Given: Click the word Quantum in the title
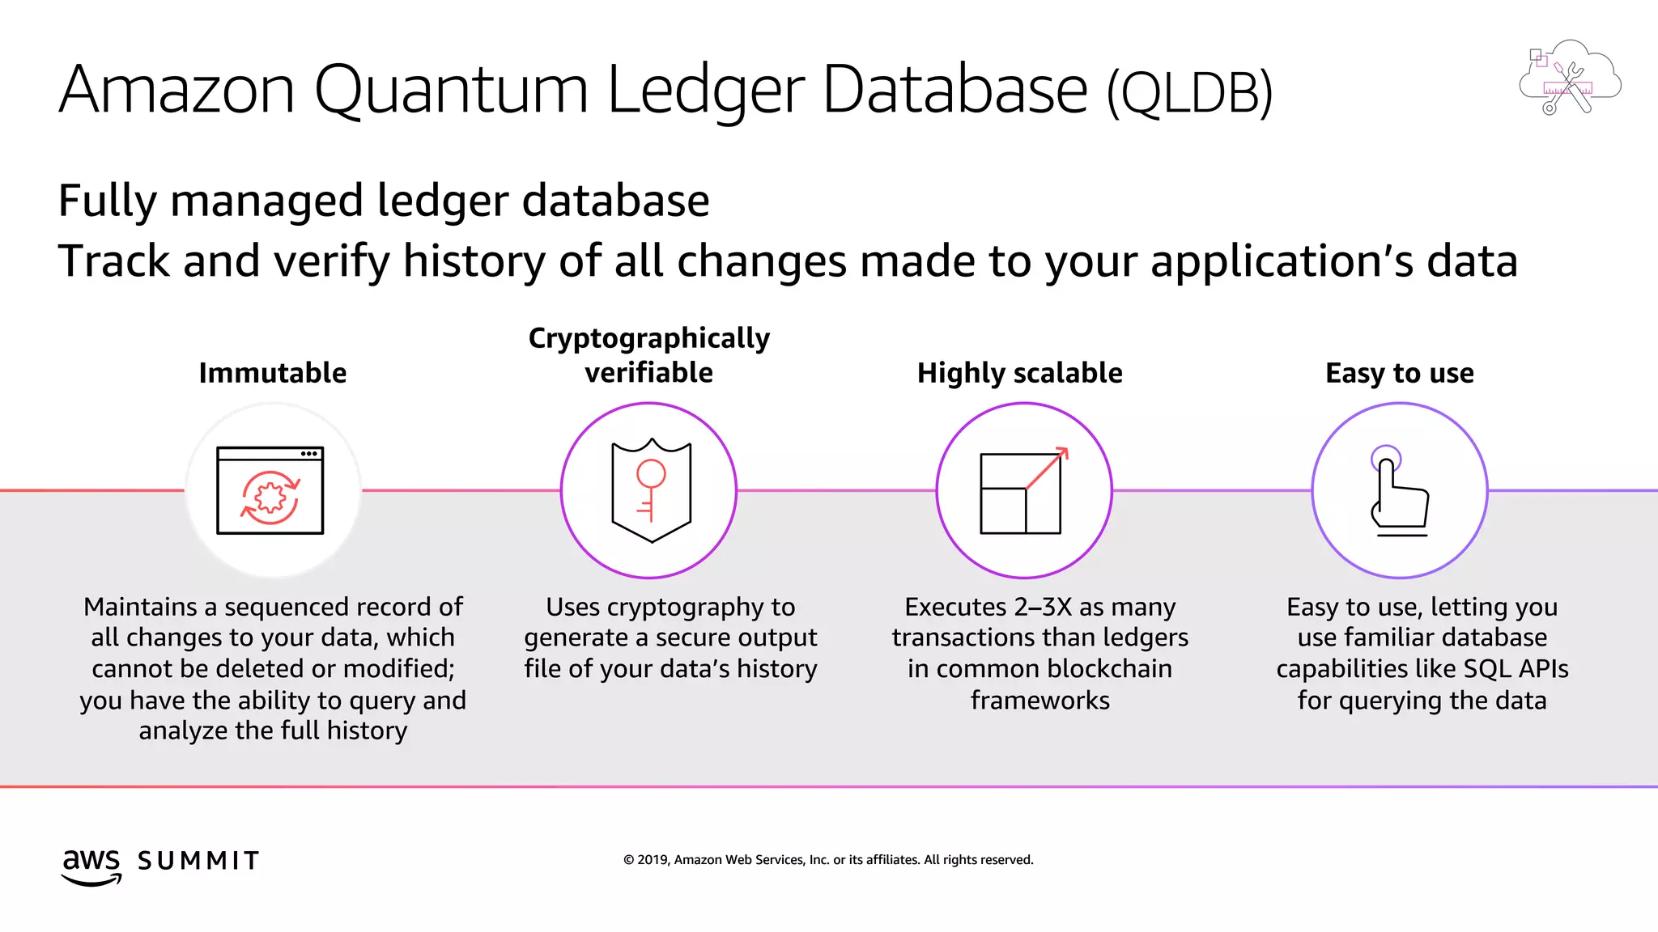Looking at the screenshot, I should (x=450, y=91).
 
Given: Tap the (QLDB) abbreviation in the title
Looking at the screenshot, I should (x=1189, y=94).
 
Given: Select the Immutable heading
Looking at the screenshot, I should (x=273, y=373).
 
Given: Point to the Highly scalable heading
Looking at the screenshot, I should (x=1019, y=373).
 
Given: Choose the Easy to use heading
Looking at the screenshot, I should (x=1399, y=373).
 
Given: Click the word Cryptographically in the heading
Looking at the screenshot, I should (x=648, y=338).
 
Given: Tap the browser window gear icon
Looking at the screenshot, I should (x=270, y=496).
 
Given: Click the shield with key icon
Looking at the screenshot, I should (x=651, y=490).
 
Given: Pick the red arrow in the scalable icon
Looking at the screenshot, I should (x=1048, y=468).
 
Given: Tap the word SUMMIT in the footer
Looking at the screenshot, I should (x=198, y=861).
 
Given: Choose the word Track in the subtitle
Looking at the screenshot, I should (x=113, y=261).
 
